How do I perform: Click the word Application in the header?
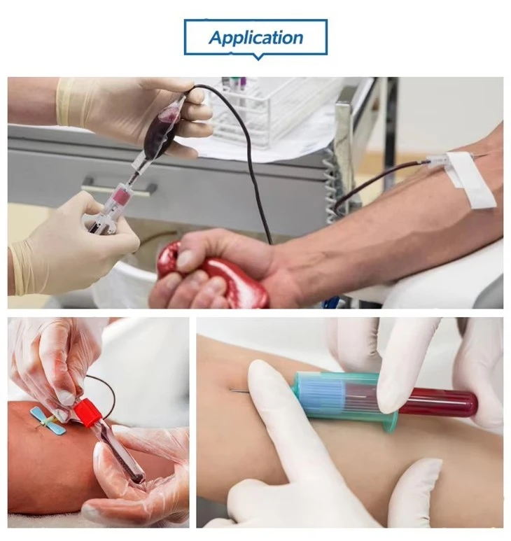255,38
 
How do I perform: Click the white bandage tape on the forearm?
472,179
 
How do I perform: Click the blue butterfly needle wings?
48,420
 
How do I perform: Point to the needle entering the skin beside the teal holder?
239,391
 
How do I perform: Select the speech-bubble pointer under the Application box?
258,57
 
